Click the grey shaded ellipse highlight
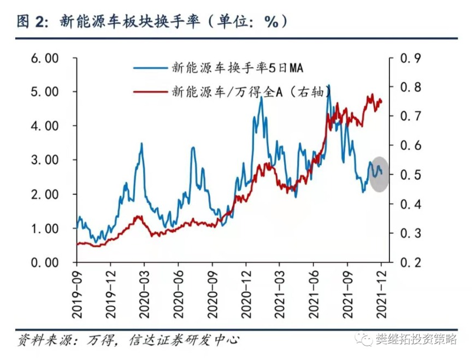(379, 174)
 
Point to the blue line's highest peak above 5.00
(328, 86)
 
